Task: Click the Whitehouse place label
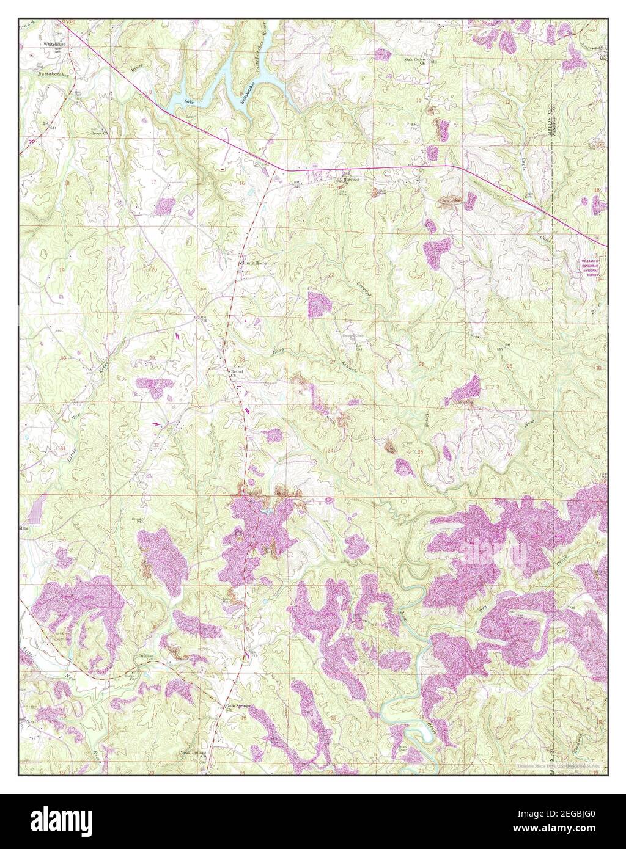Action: coord(54,45)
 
